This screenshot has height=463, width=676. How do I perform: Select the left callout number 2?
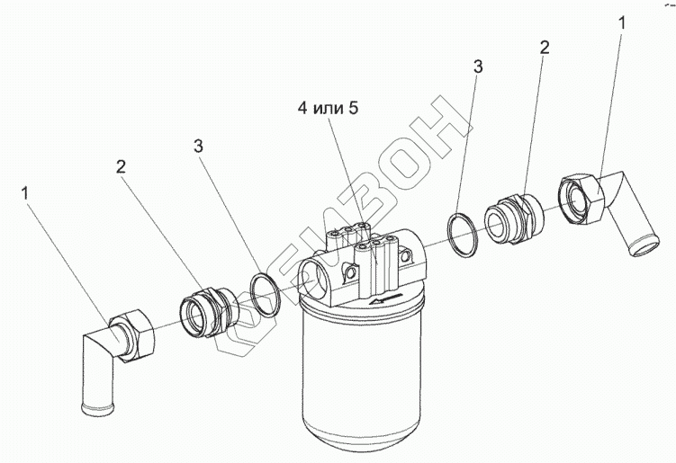[x=121, y=165]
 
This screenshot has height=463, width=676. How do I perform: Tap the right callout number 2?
[x=543, y=47]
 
